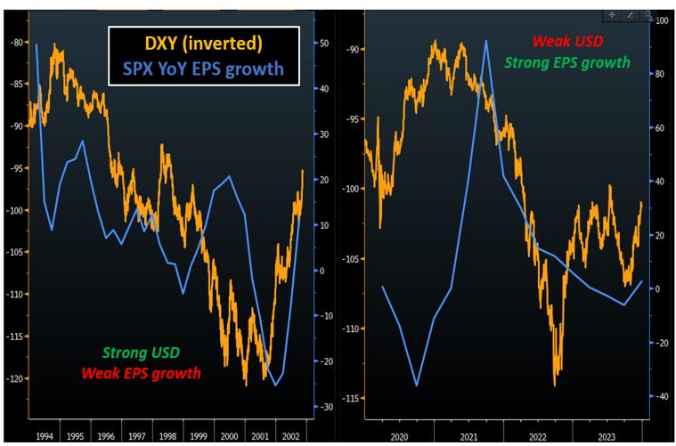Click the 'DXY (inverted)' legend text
point(210,43)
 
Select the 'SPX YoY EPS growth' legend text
point(210,69)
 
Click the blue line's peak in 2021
point(486,41)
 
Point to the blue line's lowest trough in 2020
point(417,385)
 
